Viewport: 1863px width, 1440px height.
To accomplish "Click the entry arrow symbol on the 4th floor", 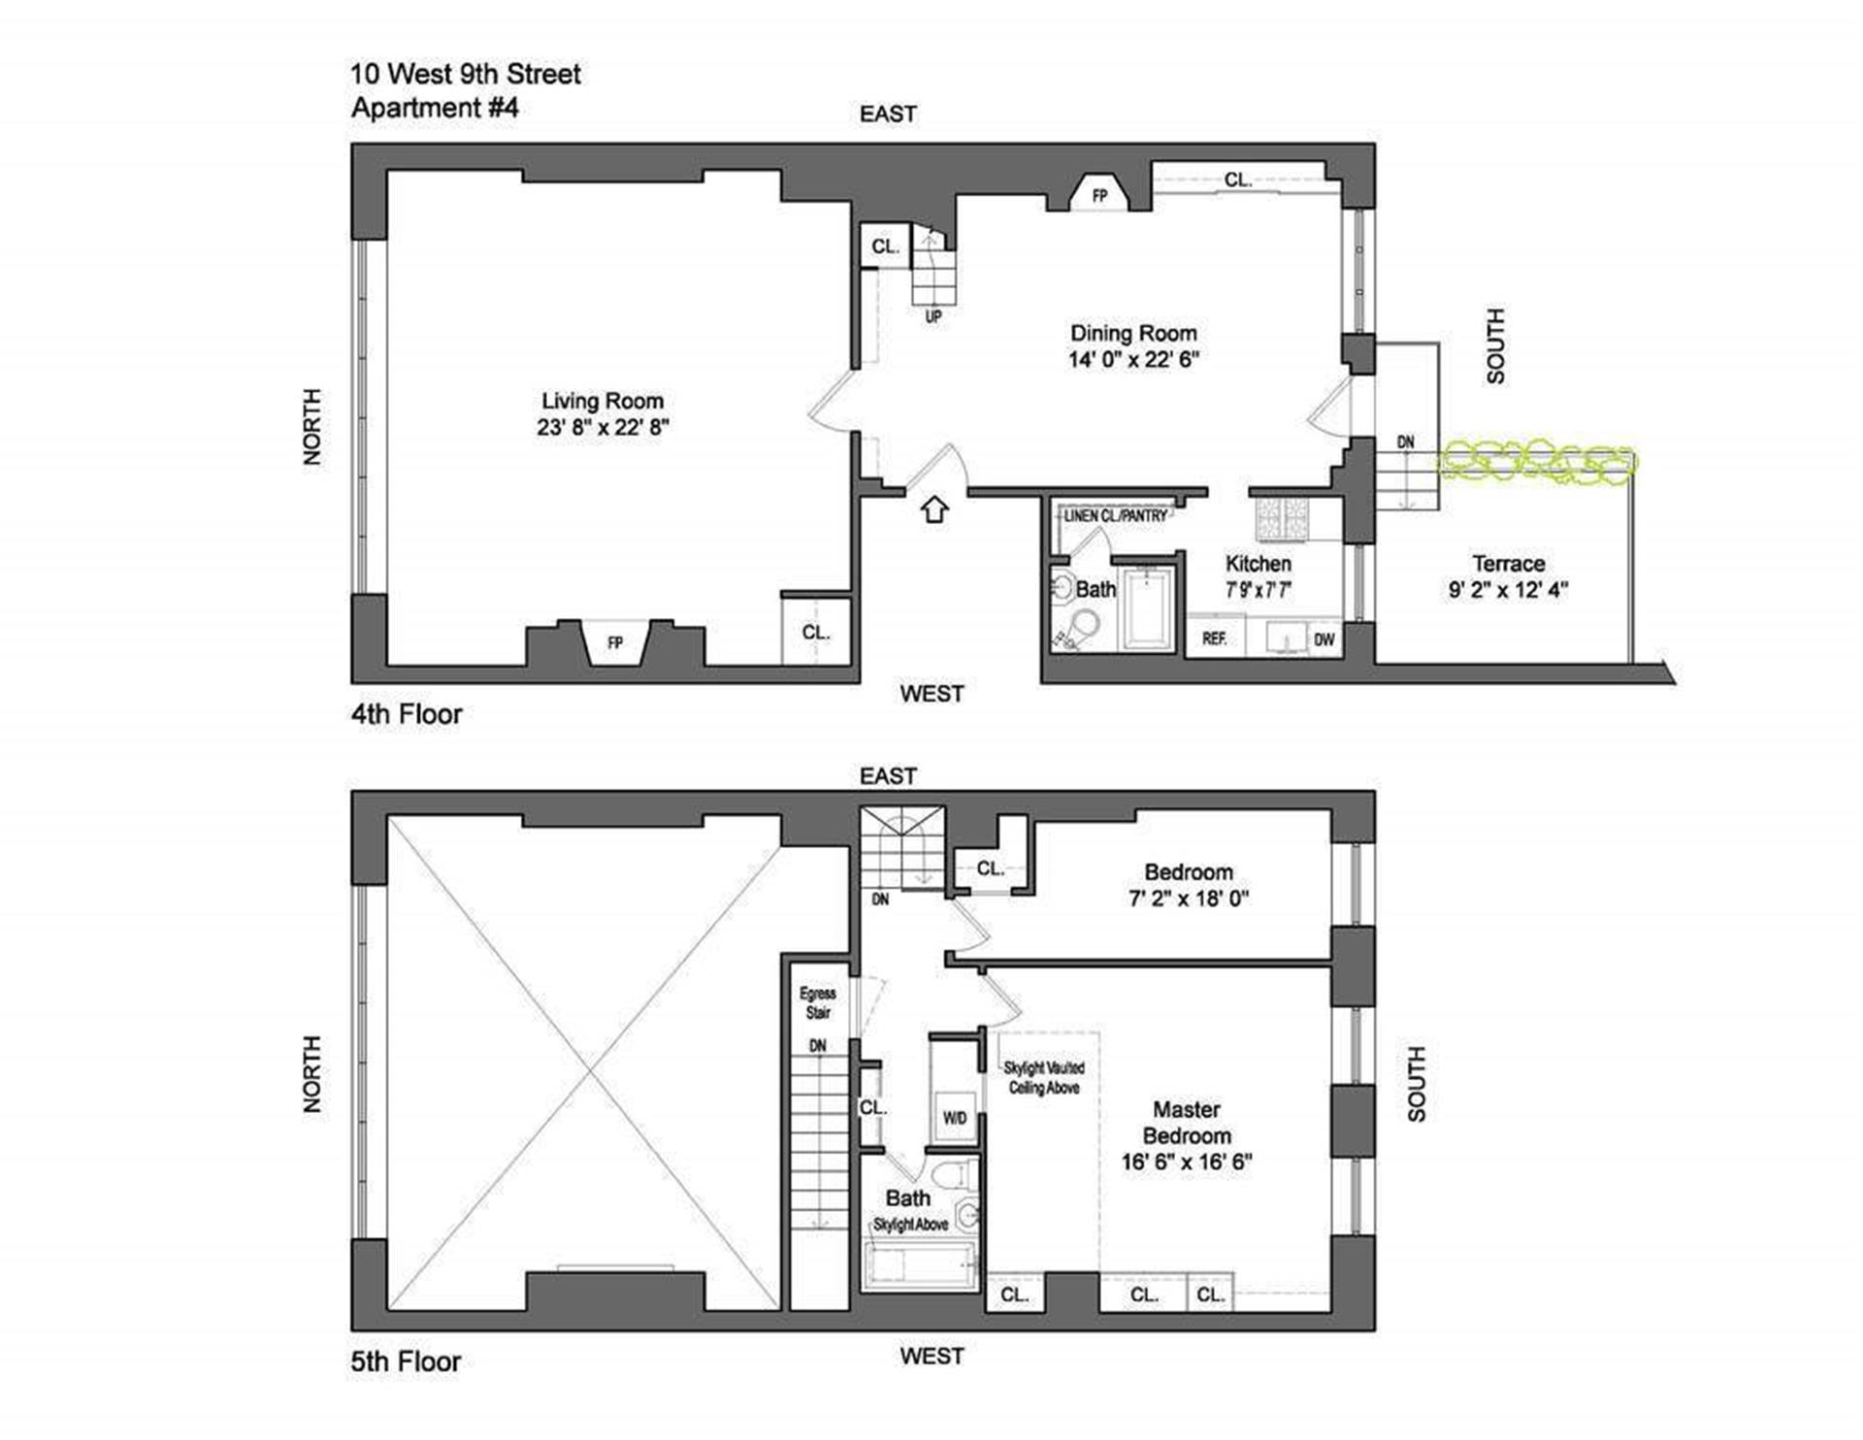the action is click(x=934, y=508).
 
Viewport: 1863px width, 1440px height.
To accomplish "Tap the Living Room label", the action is click(x=603, y=401).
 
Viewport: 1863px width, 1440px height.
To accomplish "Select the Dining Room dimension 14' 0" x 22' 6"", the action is click(x=1133, y=359).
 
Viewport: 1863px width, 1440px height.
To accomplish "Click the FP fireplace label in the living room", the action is click(x=614, y=642).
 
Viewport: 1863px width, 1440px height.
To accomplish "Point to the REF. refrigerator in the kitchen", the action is click(x=1214, y=638).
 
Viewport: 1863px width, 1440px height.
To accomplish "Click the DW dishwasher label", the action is click(x=1324, y=639).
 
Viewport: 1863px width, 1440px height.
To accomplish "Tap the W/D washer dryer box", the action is click(x=955, y=1118).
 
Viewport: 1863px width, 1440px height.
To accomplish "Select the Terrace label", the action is click(x=1508, y=564).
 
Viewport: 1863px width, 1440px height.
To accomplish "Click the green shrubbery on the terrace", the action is click(x=1537, y=461).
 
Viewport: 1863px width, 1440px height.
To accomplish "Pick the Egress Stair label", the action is click(x=818, y=1003).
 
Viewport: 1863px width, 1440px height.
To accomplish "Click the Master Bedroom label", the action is click(x=1187, y=1123).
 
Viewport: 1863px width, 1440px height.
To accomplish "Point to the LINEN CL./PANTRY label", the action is click(x=1116, y=516).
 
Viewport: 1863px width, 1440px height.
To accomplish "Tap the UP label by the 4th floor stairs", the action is click(x=933, y=316).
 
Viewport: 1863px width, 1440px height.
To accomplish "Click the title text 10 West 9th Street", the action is click(x=466, y=74).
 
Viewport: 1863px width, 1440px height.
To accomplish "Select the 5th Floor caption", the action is click(x=406, y=1361).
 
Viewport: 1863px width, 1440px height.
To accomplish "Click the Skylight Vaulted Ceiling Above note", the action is click(x=1044, y=1078).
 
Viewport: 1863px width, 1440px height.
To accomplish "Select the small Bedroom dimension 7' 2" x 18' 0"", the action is click(x=1189, y=899).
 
